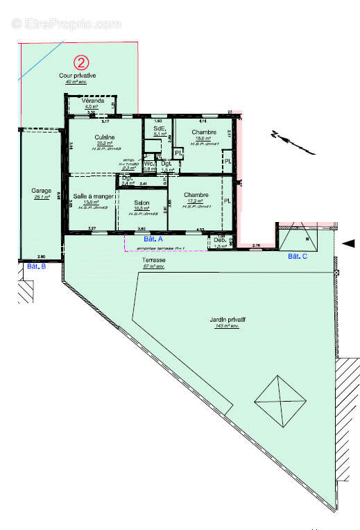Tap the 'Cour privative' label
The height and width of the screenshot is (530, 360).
pyautogui.click(x=82, y=75)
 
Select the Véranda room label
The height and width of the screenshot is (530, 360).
pyautogui.click(x=93, y=101)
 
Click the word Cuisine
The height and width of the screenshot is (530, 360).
pyautogui.click(x=105, y=137)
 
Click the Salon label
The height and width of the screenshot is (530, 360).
pyautogui.click(x=142, y=203)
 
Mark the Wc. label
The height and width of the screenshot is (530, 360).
pyautogui.click(x=148, y=163)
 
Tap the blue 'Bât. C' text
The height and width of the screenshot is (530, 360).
pyautogui.click(x=298, y=257)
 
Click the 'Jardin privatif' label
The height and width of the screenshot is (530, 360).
pyautogui.click(x=227, y=320)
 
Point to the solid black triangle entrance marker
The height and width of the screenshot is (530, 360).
pyautogui.click(x=350, y=243)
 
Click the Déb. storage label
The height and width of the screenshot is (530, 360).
pyautogui.click(x=219, y=240)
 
